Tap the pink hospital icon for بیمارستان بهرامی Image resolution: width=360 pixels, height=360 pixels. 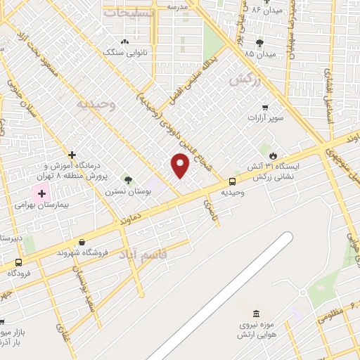[41, 193]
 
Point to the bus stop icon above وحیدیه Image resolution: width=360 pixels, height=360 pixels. [232, 181]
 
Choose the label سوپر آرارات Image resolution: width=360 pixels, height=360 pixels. [265, 117]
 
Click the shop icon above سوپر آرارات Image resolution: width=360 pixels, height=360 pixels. [265, 107]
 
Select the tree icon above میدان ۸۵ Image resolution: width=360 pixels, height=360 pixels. [259, 43]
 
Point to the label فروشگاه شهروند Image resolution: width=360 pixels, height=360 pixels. [83, 252]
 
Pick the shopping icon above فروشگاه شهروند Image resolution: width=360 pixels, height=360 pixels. [83, 242]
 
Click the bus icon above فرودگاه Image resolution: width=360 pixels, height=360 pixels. [19, 262]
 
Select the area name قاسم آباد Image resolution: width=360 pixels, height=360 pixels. [153, 255]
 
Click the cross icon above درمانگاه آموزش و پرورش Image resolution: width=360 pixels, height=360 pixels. [72, 155]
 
